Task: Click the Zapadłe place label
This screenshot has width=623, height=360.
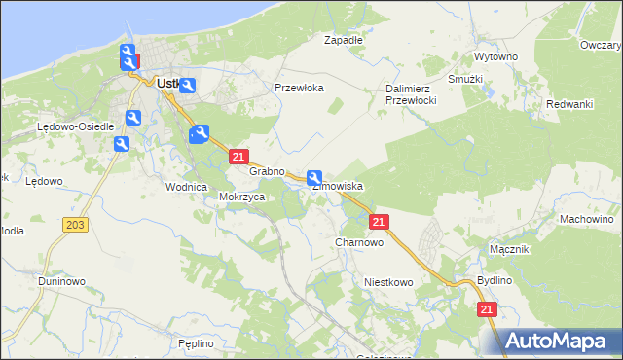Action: point(343,40)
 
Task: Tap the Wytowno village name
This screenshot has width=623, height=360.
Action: point(495,57)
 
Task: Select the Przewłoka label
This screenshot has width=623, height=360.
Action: point(299,88)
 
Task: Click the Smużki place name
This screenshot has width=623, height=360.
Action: point(466,79)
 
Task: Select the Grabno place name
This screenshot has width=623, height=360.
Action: point(266,171)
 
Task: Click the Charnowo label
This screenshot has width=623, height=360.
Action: point(358,242)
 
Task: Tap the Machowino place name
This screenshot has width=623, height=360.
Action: point(587,219)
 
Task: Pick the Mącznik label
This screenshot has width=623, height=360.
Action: point(509,249)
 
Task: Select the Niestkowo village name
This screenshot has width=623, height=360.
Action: point(388,282)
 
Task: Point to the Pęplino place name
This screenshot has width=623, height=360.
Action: point(196,343)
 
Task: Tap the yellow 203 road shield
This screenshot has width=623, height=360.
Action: point(75,225)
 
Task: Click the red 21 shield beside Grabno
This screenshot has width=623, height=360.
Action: point(238,156)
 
